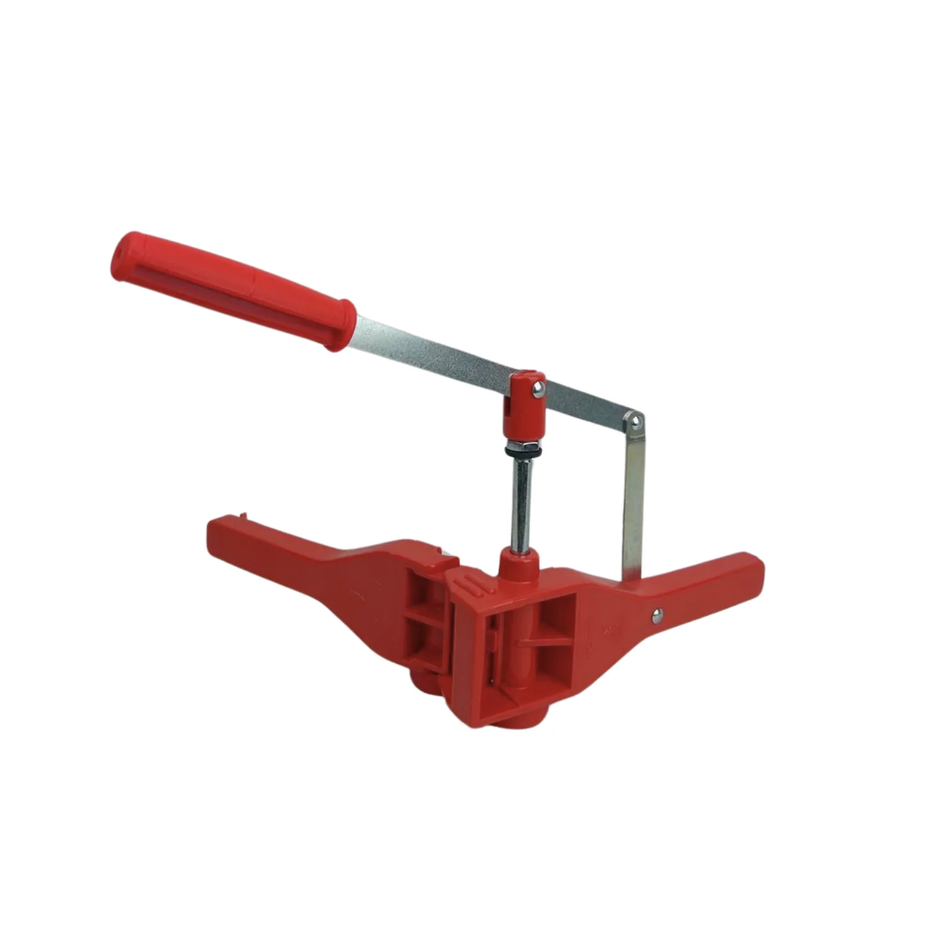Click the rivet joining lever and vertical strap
pos(634,421)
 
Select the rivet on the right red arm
pos(657,615)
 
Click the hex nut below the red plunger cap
pos(521,449)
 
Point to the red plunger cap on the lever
pos(524,404)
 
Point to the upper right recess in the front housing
pos(556,615)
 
